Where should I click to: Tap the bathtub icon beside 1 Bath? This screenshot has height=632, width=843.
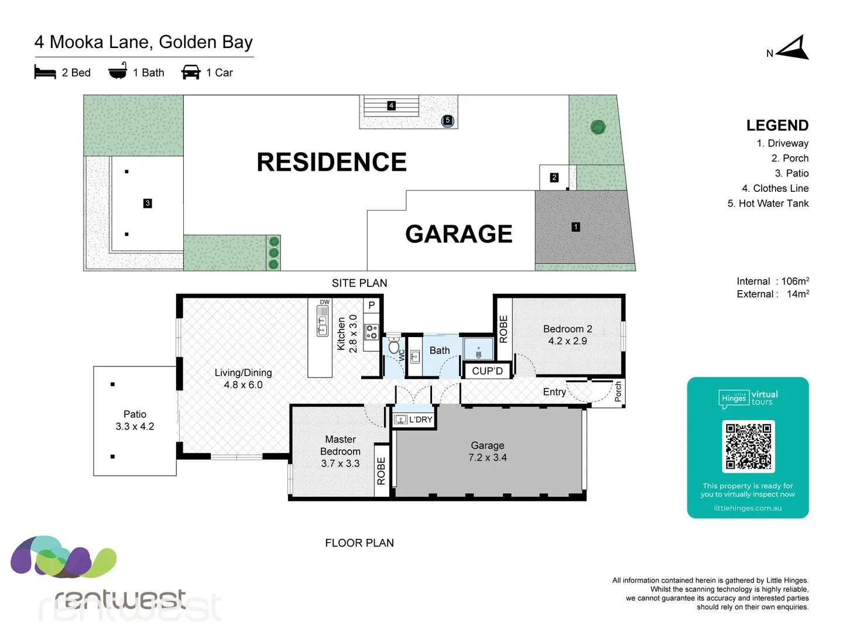click(x=118, y=71)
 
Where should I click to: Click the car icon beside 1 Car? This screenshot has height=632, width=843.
click(x=191, y=72)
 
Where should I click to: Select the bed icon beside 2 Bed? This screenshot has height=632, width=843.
click(x=45, y=72)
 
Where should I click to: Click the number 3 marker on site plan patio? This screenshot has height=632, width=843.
click(x=148, y=203)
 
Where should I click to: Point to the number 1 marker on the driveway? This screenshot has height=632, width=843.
click(x=575, y=226)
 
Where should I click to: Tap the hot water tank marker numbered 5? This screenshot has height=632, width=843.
click(x=447, y=121)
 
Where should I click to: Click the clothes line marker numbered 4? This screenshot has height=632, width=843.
click(x=391, y=106)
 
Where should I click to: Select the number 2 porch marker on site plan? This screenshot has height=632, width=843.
click(x=554, y=177)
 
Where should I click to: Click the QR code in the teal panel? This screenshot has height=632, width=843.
click(x=748, y=446)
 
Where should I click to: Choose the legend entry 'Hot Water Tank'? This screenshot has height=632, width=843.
click(x=767, y=203)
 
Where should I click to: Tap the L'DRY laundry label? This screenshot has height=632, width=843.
click(x=420, y=420)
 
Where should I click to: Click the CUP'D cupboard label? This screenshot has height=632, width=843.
click(x=487, y=371)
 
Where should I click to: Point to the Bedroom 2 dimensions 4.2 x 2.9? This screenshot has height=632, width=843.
click(x=567, y=341)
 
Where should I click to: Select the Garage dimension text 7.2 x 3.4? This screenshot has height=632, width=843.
click(x=487, y=458)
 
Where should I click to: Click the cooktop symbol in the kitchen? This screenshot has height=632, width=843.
click(x=371, y=332)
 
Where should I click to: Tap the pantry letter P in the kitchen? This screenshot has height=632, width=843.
click(x=371, y=305)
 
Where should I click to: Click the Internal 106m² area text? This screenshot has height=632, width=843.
click(x=773, y=281)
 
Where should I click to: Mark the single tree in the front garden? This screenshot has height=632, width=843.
click(x=598, y=127)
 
